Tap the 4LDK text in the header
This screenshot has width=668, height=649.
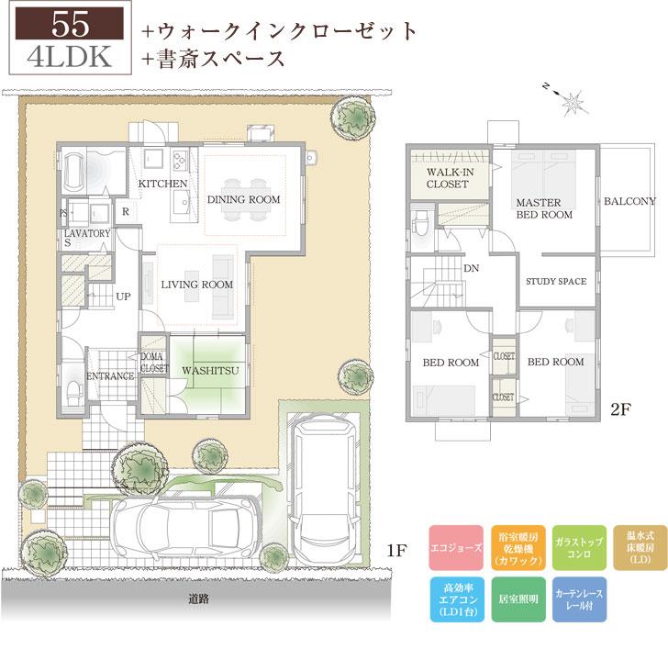point(65,56)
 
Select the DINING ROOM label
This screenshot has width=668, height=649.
point(243,199)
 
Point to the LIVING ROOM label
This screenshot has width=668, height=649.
point(196,285)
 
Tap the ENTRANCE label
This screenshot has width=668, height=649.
point(110,376)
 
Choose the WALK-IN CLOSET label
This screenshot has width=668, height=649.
point(447,178)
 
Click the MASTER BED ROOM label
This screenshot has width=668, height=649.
point(543,208)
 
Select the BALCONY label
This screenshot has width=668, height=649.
point(629,201)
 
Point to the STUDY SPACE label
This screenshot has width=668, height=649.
point(556,282)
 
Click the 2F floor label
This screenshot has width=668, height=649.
point(622,410)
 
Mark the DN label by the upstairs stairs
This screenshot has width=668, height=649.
point(472,269)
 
